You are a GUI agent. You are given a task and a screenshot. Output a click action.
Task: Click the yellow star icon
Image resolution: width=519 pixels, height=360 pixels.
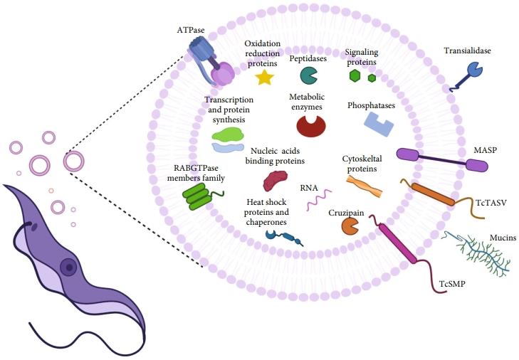pyautogui.click(x=264, y=78)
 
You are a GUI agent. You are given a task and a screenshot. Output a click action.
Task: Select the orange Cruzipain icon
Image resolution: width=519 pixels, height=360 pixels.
pyautogui.click(x=350, y=226)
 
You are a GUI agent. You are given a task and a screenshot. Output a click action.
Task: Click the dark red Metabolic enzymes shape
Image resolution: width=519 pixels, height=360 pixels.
pyautogui.click(x=310, y=126)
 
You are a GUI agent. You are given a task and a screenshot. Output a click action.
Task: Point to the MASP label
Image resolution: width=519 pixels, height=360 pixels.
pyautogui.click(x=486, y=152)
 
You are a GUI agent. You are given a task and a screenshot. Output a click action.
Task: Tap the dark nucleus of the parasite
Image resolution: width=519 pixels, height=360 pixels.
pyautogui.click(x=68, y=267)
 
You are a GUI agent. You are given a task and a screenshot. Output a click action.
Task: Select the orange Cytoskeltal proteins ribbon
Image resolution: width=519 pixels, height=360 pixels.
pyautogui.click(x=364, y=186)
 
